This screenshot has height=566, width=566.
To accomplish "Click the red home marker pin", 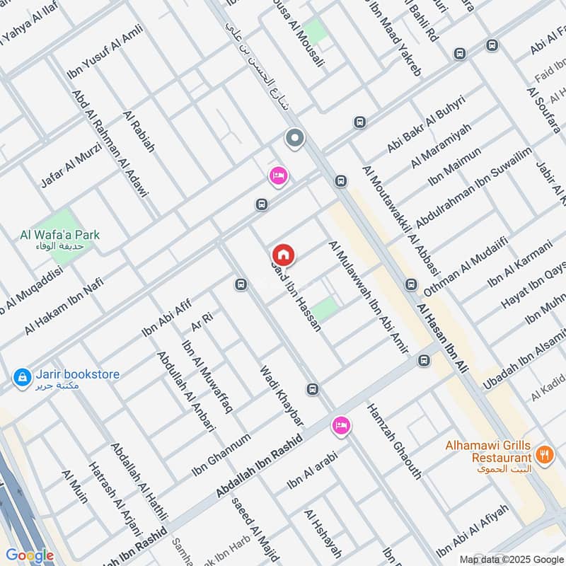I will (x=284, y=255).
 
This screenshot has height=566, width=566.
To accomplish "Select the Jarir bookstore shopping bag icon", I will (x=23, y=377).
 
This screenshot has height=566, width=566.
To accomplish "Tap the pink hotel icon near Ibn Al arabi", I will (x=341, y=426).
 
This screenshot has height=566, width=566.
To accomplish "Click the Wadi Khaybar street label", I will (x=281, y=395).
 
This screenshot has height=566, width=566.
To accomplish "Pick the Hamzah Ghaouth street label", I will (x=394, y=441).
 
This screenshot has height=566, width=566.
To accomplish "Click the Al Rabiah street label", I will (x=139, y=132).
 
